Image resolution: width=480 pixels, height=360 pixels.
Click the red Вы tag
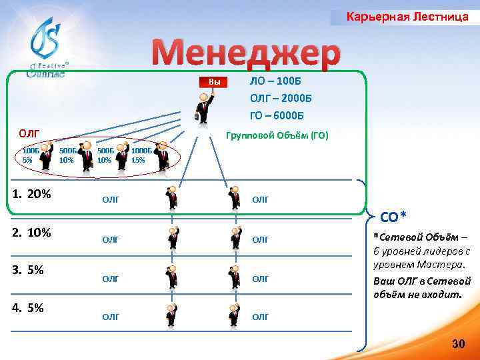[215, 82]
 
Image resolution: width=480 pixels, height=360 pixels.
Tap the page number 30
[458, 343]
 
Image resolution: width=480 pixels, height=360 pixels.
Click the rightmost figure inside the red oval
[162, 157]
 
